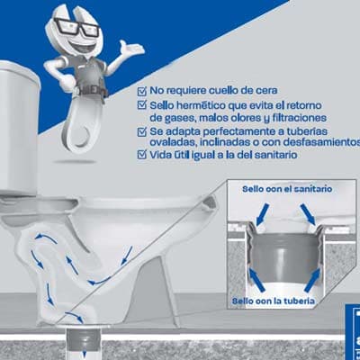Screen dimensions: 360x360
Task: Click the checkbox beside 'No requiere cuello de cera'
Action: [x=142, y=90]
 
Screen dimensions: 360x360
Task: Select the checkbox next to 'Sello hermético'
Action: [x=142, y=104]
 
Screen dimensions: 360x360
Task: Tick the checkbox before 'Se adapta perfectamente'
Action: [x=142, y=130]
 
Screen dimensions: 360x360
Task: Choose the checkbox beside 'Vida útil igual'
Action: [x=142, y=155]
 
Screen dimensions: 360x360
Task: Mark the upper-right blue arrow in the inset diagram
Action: [x=310, y=212]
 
